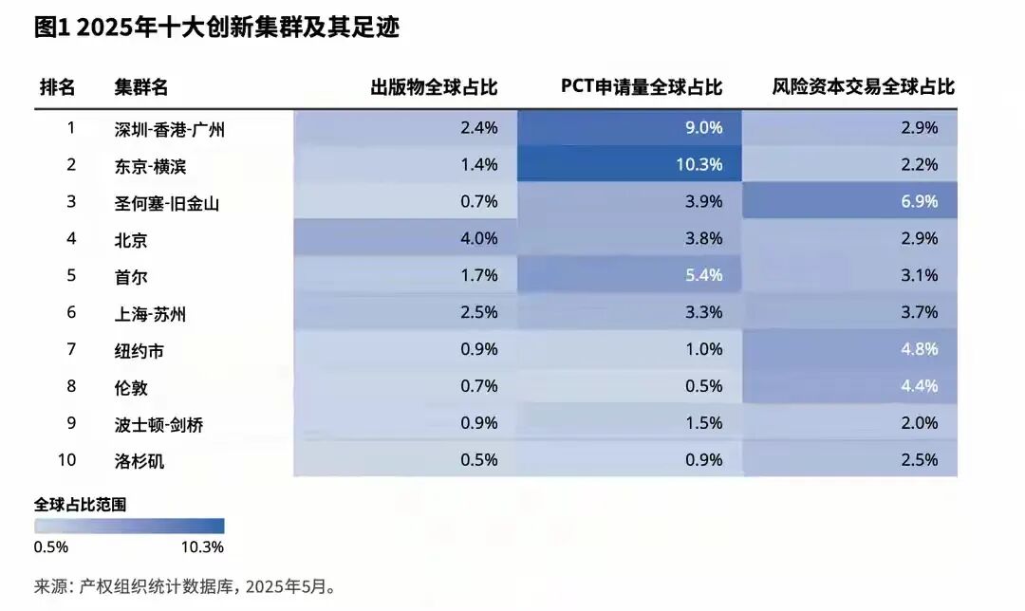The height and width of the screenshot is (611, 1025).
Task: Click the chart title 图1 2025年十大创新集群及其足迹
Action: pos(216,28)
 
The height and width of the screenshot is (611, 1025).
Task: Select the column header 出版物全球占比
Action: pos(434,87)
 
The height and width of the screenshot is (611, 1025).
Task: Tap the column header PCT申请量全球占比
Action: pos(642,87)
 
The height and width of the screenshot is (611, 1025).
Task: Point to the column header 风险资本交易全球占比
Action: pos(864,87)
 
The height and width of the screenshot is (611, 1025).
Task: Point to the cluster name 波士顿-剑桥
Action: pos(158,425)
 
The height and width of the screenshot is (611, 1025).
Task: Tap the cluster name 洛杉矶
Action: pos(140,461)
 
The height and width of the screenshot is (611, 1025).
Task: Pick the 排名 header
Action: pos(57,87)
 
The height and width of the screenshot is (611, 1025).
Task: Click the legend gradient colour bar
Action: pos(129,527)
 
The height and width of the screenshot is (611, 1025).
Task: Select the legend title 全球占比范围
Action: pos(80,504)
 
